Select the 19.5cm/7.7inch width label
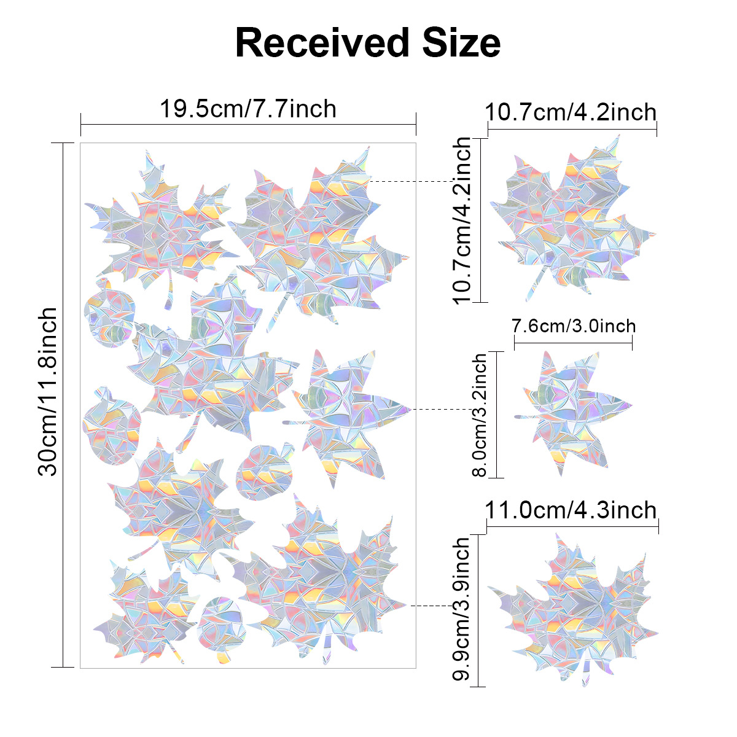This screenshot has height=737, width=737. [248, 109]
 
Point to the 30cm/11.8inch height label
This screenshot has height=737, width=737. [47, 392]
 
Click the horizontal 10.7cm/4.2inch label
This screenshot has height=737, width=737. [571, 112]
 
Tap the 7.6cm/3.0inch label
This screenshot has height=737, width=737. [574, 326]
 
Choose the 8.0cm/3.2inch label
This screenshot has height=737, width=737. [479, 415]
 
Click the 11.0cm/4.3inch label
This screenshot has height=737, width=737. [571, 510]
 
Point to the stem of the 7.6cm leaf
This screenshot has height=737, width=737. [526, 417]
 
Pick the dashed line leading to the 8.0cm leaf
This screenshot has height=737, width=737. [451, 408]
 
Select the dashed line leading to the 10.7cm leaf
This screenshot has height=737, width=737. [411, 181]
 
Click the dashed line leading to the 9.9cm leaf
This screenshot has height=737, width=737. [430, 606]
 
